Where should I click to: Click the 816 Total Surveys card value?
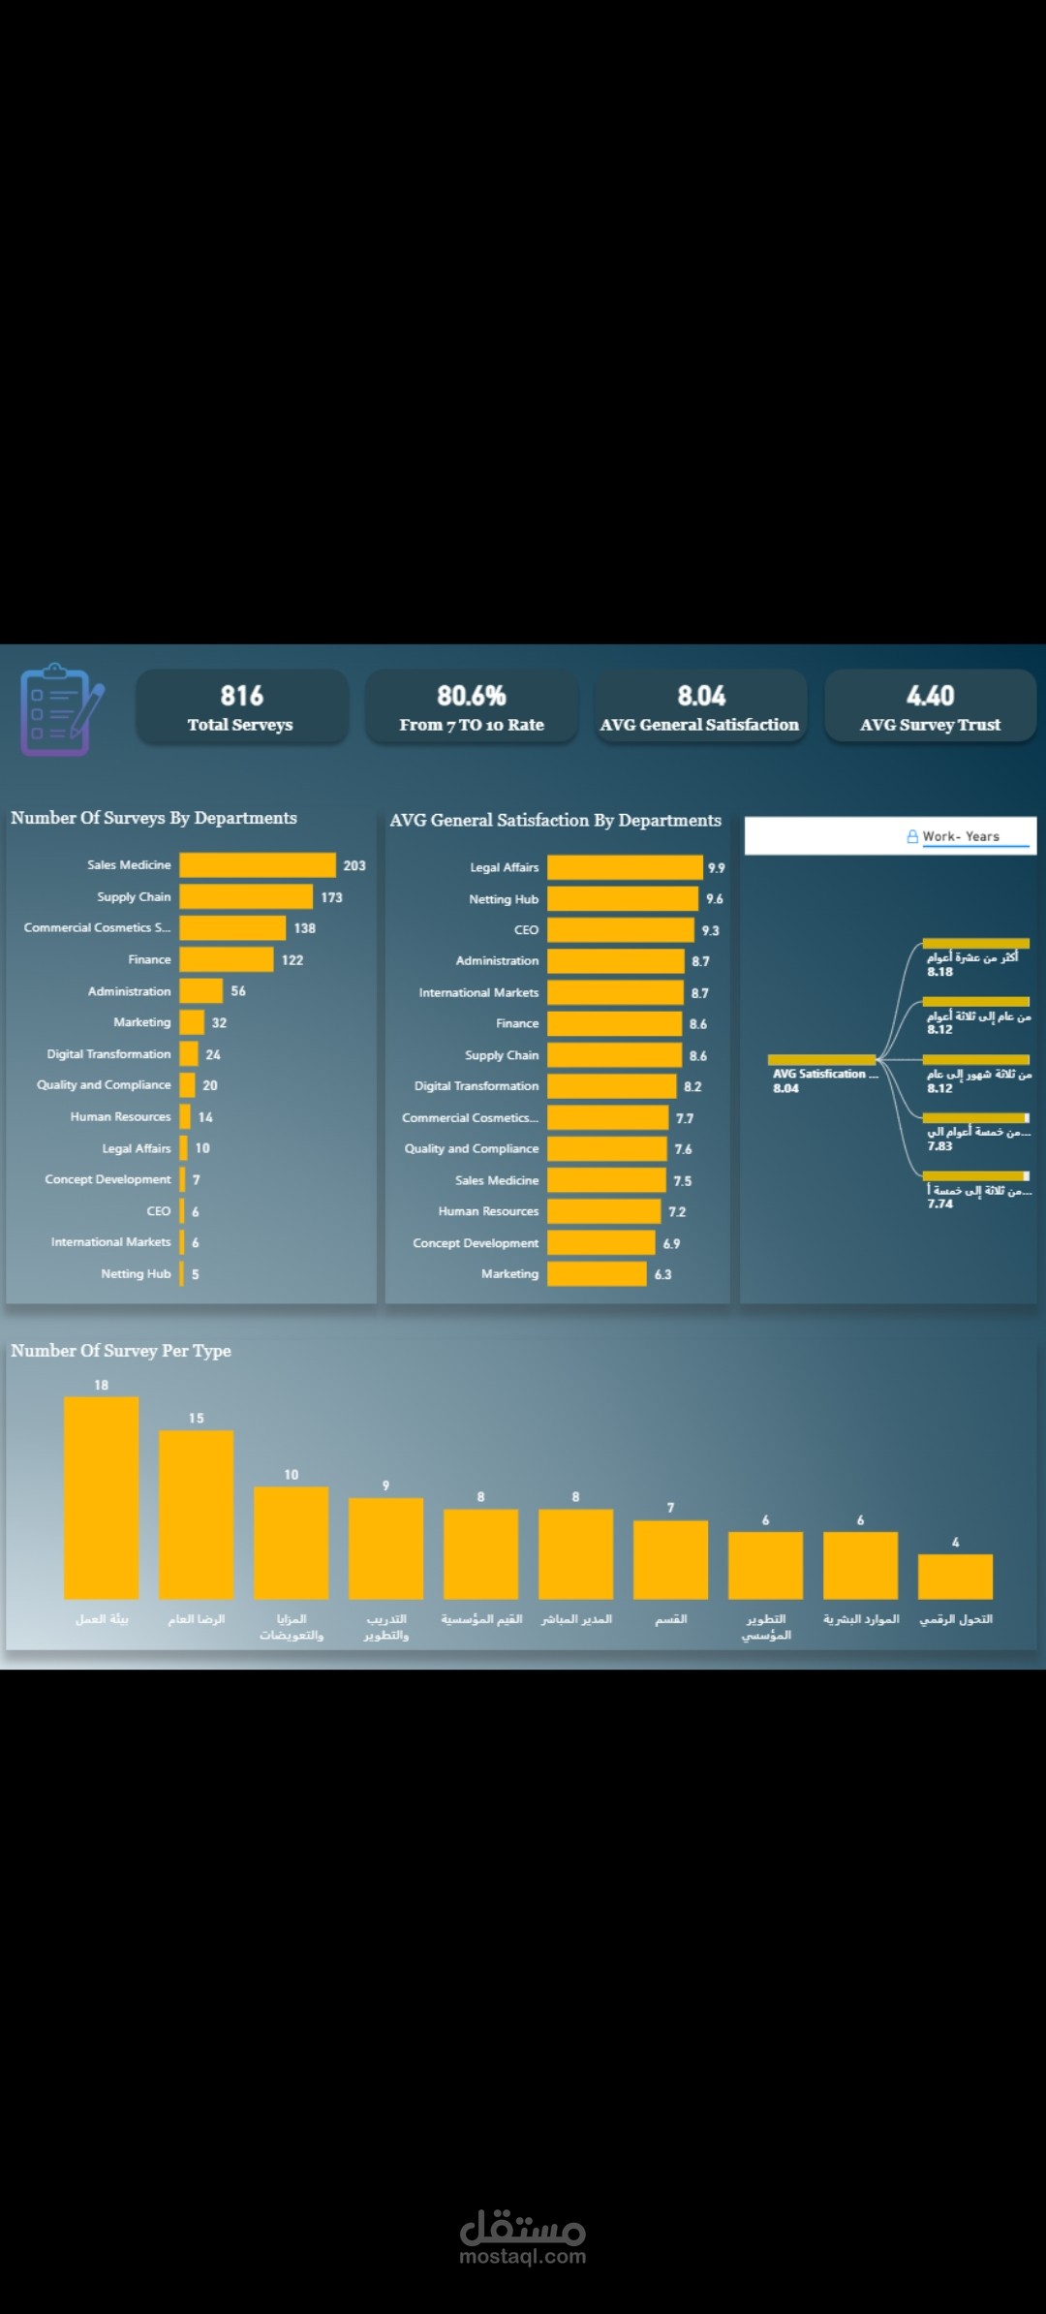coord(241,696)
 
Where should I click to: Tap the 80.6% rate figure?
coord(472,696)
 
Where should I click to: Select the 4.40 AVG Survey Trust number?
coord(930,696)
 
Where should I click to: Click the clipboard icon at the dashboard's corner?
coord(61,709)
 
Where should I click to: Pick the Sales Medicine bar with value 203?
coord(258,865)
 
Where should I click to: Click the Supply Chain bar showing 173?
coord(246,897)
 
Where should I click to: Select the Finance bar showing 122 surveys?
coord(227,959)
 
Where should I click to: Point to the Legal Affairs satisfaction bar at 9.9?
coord(625,867)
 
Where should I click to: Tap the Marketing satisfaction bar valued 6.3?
coord(597,1273)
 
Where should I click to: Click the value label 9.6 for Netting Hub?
coord(715,899)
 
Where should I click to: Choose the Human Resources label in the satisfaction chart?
coord(488,1211)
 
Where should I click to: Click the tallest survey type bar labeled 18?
coord(102,1497)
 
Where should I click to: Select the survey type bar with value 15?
coord(197,1515)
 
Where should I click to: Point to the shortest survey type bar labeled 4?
coord(955,1576)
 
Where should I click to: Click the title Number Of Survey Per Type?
coord(121,1351)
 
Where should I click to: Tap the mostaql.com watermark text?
coord(523,2256)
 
